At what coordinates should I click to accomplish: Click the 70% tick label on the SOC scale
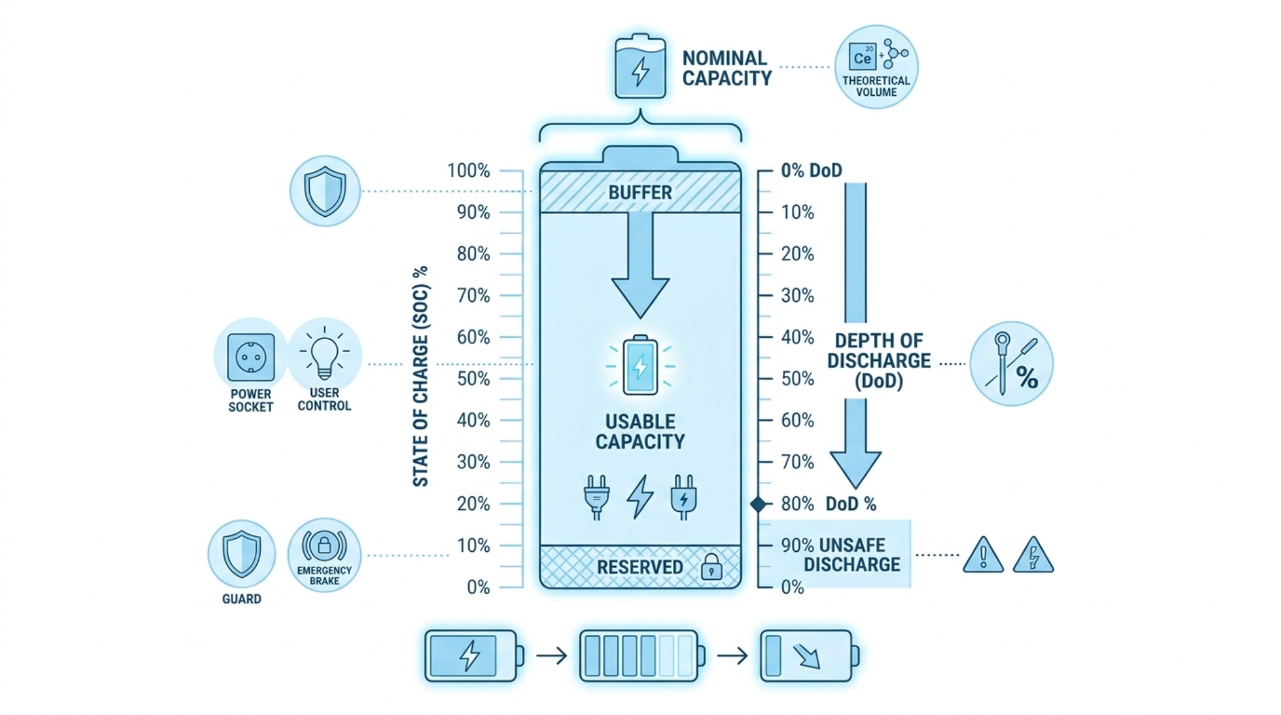tap(474, 296)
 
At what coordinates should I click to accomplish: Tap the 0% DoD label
tap(811, 171)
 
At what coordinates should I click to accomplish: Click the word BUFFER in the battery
tap(640, 193)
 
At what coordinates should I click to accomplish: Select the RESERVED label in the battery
tap(639, 567)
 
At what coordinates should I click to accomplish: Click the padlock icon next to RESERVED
tap(712, 566)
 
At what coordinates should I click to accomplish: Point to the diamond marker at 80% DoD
tap(758, 504)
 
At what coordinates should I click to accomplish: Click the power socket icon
tap(251, 357)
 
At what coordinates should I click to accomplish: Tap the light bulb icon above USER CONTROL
tap(324, 353)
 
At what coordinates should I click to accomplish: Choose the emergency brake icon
tap(324, 546)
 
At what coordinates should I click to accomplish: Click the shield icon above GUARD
tap(241, 554)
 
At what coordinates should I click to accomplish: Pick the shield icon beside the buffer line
tap(325, 191)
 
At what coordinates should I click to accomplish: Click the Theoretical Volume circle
tap(876, 67)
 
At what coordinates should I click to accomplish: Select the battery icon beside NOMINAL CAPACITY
tap(640, 66)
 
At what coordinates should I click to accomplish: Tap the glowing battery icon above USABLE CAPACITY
tap(640, 366)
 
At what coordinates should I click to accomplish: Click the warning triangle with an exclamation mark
tap(983, 555)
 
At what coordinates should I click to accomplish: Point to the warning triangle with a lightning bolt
tap(1033, 555)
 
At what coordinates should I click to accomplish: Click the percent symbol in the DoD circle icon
tap(1027, 377)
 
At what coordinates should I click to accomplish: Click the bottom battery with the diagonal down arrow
tap(809, 655)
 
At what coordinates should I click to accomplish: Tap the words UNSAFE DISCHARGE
tap(851, 555)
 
